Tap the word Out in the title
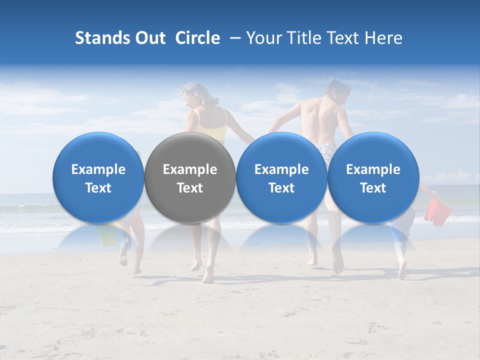(150, 38)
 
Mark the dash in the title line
(232, 38)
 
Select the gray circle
(190, 178)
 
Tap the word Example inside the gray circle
(190, 169)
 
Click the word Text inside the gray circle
(190, 188)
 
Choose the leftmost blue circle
(98, 178)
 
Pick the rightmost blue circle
(373, 178)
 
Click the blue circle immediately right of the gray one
(281, 178)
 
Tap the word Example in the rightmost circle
(373, 169)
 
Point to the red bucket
(437, 211)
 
